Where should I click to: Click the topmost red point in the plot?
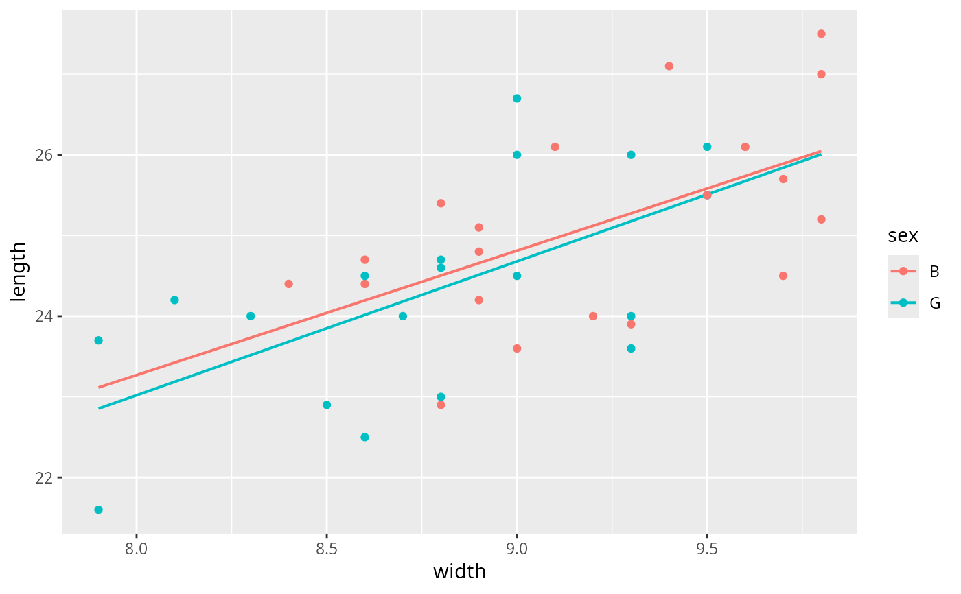pyautogui.click(x=821, y=34)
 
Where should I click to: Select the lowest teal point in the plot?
pyautogui.click(x=98, y=510)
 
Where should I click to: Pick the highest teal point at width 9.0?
pyautogui.click(x=517, y=98)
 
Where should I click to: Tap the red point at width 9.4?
pyautogui.click(x=669, y=66)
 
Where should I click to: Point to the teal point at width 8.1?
pyautogui.click(x=174, y=300)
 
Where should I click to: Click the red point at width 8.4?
pyautogui.click(x=288, y=284)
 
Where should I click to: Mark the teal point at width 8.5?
pyautogui.click(x=327, y=405)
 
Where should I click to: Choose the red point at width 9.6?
pyautogui.click(x=745, y=147)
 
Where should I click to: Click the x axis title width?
pyautogui.click(x=459, y=571)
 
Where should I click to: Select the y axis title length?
pyautogui.click(x=19, y=272)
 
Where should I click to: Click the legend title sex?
pyautogui.click(x=903, y=236)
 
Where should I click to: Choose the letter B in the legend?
pyautogui.click(x=934, y=272)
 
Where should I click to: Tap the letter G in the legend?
pyautogui.click(x=934, y=303)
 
